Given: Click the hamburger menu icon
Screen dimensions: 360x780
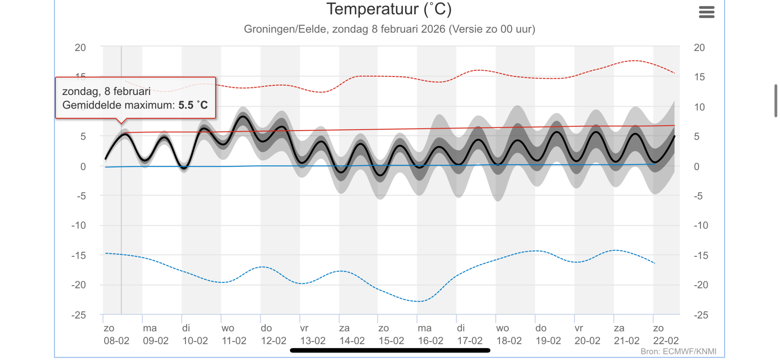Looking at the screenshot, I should click(707, 12).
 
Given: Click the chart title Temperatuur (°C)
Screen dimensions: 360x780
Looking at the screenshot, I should click(389, 9).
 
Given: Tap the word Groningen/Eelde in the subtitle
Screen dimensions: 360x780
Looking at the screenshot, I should click(285, 29).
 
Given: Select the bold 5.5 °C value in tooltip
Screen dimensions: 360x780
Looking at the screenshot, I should click(193, 105).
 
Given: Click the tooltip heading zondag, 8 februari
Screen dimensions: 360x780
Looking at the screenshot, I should click(106, 91).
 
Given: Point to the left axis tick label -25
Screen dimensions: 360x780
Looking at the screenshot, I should click(79, 315).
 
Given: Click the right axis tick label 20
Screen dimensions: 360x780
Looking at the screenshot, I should click(699, 48).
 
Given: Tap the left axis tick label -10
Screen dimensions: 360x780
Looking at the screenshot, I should click(79, 225).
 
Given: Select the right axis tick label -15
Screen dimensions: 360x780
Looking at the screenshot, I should click(701, 256).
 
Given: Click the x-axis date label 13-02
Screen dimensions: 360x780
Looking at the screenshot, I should click(313, 341).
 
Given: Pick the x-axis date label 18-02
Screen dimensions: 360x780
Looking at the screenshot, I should click(509, 341).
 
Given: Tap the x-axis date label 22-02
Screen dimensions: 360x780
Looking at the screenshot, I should click(666, 341).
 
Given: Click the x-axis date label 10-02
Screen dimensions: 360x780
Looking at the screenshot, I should click(195, 341).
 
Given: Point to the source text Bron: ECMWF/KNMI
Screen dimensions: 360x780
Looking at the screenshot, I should click(678, 352).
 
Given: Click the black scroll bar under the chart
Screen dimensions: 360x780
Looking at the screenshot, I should click(390, 350).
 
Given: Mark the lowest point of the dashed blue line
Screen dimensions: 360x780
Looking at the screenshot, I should click(419, 301).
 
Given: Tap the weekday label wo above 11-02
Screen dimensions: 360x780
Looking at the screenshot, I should click(228, 328).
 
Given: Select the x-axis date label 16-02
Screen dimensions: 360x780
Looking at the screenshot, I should click(431, 341).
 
